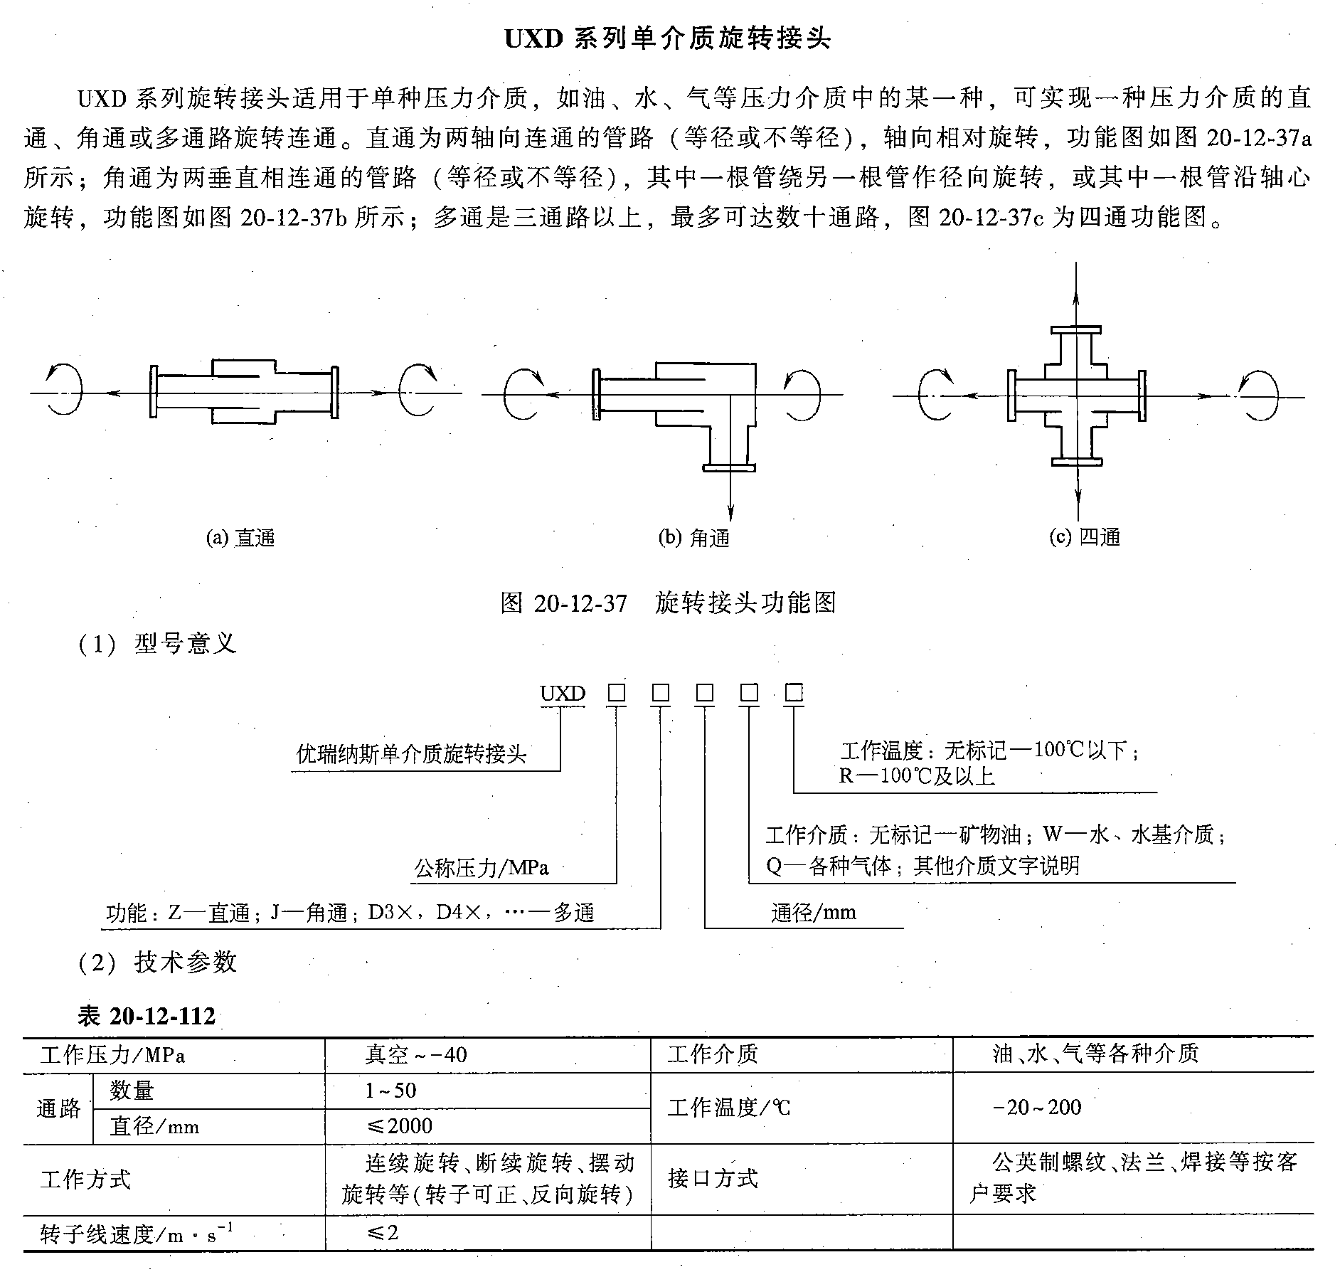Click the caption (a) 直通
pyautogui.click(x=240, y=538)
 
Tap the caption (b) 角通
pyautogui.click(x=694, y=538)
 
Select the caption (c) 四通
pyautogui.click(x=1085, y=536)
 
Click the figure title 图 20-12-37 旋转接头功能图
pyautogui.click(x=668, y=603)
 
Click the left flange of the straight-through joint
pyautogui.click(x=153, y=392)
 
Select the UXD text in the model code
pyautogui.click(x=563, y=694)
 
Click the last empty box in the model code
pyautogui.click(x=794, y=693)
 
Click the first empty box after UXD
pyautogui.click(x=616, y=693)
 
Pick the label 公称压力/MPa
pyautogui.click(x=482, y=868)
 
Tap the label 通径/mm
pyautogui.click(x=814, y=913)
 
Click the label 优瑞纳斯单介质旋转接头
pyautogui.click(x=411, y=754)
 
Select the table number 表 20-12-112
pyautogui.click(x=146, y=1016)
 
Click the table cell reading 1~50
pyautogui.click(x=390, y=1091)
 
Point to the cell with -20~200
pyautogui.click(x=1036, y=1108)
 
